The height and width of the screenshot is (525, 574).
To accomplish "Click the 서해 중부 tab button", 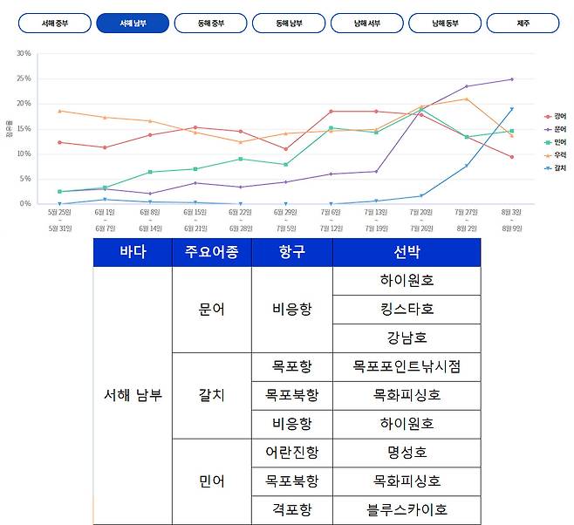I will click(x=54, y=23).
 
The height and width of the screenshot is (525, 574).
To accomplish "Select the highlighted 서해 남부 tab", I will click(x=133, y=23).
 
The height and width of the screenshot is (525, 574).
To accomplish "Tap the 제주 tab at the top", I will click(x=523, y=23).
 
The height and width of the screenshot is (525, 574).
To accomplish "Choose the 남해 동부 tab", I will click(x=445, y=23).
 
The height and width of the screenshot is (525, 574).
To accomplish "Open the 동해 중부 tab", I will click(x=210, y=23).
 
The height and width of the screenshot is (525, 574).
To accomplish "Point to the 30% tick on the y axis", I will click(x=23, y=54).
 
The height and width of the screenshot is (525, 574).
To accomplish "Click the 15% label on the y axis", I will click(x=23, y=129).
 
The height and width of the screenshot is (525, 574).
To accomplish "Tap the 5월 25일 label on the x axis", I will click(x=58, y=211).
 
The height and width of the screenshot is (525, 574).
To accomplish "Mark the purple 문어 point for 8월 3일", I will click(x=512, y=79).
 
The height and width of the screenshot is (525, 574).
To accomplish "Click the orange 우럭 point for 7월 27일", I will click(x=467, y=99).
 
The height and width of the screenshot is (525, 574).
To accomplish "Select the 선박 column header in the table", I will click(x=406, y=253).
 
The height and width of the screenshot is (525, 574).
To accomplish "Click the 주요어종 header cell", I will click(x=211, y=253).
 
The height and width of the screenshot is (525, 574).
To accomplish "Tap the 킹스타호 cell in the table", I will click(x=406, y=309).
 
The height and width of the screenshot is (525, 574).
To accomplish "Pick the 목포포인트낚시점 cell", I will click(x=406, y=366).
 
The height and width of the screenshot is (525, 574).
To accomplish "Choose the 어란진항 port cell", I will click(x=291, y=453).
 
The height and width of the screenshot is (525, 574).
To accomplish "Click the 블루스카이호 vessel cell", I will click(x=406, y=510).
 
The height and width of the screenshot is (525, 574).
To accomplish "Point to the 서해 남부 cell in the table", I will click(x=132, y=395).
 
